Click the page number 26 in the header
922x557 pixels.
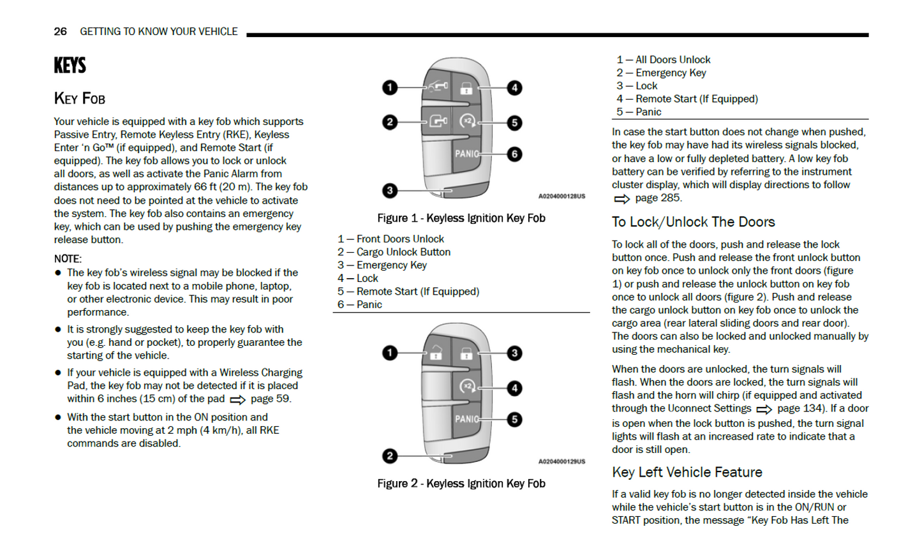[60, 31]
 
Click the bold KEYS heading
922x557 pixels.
[70, 65]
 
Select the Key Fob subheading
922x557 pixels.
[80, 98]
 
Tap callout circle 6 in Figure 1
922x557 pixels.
[514, 154]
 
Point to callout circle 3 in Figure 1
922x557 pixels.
[390, 190]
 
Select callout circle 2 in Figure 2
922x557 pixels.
[390, 456]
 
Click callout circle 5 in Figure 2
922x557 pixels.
[514, 419]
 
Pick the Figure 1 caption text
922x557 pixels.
[461, 218]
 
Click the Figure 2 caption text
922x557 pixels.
[461, 484]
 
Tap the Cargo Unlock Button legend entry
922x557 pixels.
[403, 252]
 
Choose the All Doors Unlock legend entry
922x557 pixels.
[673, 59]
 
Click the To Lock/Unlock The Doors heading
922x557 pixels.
[693, 222]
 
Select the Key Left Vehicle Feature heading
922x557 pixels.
[687, 472]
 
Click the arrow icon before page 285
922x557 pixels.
[621, 199]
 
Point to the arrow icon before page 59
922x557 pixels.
[237, 400]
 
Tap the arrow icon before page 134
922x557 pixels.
[764, 410]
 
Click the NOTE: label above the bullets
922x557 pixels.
[68, 258]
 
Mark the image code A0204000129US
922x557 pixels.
[561, 461]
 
